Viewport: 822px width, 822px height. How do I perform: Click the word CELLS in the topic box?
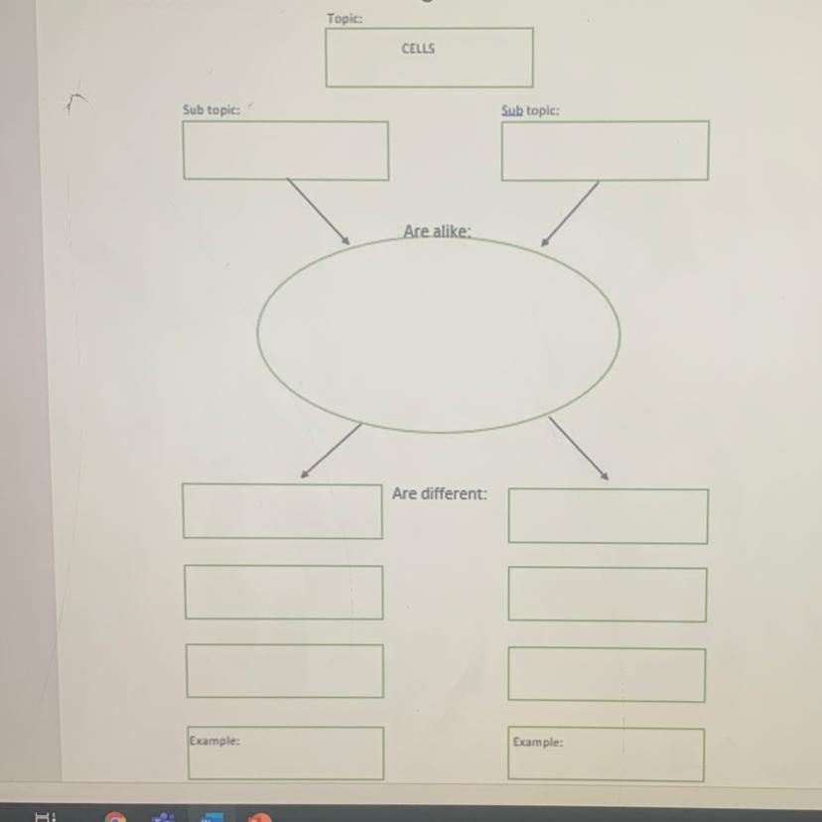(x=418, y=49)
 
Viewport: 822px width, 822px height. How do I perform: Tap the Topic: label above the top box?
(x=344, y=19)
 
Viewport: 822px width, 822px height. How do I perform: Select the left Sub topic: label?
(x=211, y=110)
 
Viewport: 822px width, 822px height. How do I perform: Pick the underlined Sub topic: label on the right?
(x=530, y=110)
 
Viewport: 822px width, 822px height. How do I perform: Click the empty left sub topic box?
(x=286, y=151)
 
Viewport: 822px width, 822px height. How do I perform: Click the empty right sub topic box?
(x=605, y=151)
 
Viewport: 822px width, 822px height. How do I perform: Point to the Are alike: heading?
(x=437, y=231)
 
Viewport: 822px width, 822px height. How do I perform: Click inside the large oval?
(x=438, y=335)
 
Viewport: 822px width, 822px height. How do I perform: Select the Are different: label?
(x=440, y=493)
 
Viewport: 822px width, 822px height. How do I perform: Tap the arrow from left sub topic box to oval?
(x=319, y=211)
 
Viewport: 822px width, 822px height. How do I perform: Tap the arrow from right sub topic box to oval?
(x=570, y=213)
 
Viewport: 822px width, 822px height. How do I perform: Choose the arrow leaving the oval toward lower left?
(x=331, y=451)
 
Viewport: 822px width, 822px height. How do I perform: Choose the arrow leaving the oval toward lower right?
(x=579, y=449)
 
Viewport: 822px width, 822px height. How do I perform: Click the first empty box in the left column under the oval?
(x=283, y=511)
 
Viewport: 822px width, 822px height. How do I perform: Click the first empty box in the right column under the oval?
(x=609, y=516)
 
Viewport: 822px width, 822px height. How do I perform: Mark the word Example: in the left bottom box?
(x=214, y=741)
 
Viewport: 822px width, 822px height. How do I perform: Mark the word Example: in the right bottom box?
(x=538, y=743)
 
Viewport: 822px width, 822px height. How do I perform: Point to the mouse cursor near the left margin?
(x=73, y=100)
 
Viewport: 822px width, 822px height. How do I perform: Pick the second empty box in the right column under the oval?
(x=608, y=595)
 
